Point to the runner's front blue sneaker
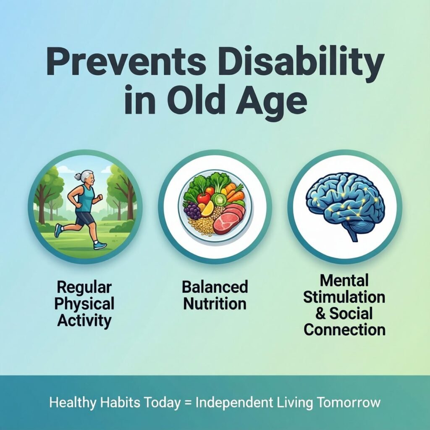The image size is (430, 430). tap(100, 245)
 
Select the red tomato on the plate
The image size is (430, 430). tap(204, 197)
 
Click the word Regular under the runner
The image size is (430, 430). tap(84, 288)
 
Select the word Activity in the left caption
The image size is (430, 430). tap(84, 321)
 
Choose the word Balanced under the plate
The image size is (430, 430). tap(215, 288)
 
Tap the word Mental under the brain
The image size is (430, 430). tap(344, 280)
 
